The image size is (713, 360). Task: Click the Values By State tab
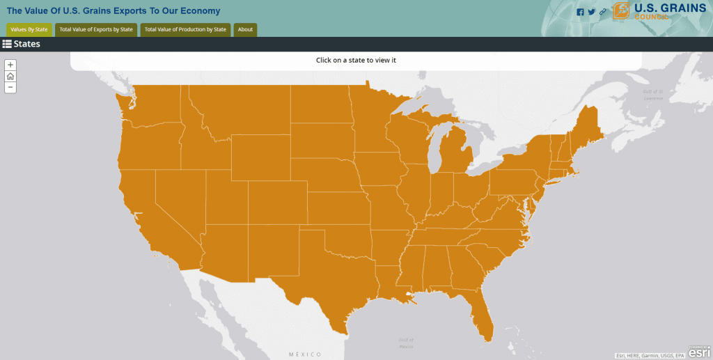[29, 29]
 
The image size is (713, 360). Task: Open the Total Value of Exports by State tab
[96, 29]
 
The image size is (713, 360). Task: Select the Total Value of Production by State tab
[185, 29]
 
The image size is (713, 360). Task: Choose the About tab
[245, 29]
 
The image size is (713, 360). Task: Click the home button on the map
[10, 76]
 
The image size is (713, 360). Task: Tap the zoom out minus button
[10, 87]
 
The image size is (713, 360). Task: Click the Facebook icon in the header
[581, 12]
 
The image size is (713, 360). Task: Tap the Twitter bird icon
[592, 12]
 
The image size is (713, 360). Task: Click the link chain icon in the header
[603, 12]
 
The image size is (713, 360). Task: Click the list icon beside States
[7, 44]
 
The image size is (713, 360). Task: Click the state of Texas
[327, 279]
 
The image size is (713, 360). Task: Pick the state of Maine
[588, 125]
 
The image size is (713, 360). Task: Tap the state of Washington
[150, 104]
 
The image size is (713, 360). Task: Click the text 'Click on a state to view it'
[356, 60]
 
